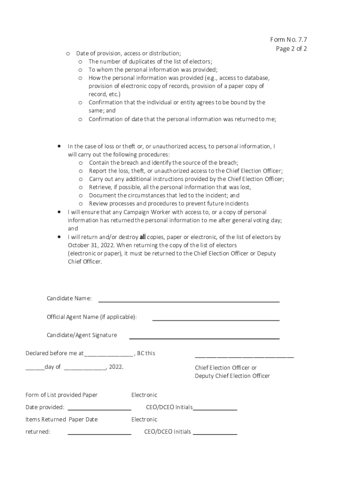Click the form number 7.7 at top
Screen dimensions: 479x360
coord(288,39)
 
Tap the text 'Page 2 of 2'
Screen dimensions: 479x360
coord(291,49)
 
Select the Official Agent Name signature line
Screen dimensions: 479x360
coord(216,320)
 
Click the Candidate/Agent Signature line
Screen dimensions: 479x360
coord(204,338)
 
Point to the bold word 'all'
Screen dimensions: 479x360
coord(143,237)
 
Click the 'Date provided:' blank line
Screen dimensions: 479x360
coord(99,410)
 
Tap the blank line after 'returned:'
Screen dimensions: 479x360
coord(99,434)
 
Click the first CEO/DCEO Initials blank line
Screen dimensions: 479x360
coord(215,410)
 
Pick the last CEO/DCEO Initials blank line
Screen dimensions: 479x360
coord(215,434)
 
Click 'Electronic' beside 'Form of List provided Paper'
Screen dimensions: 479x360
coord(144,395)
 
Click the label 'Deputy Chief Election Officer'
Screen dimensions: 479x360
coord(232,376)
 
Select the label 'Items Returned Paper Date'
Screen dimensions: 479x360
coord(61,420)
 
